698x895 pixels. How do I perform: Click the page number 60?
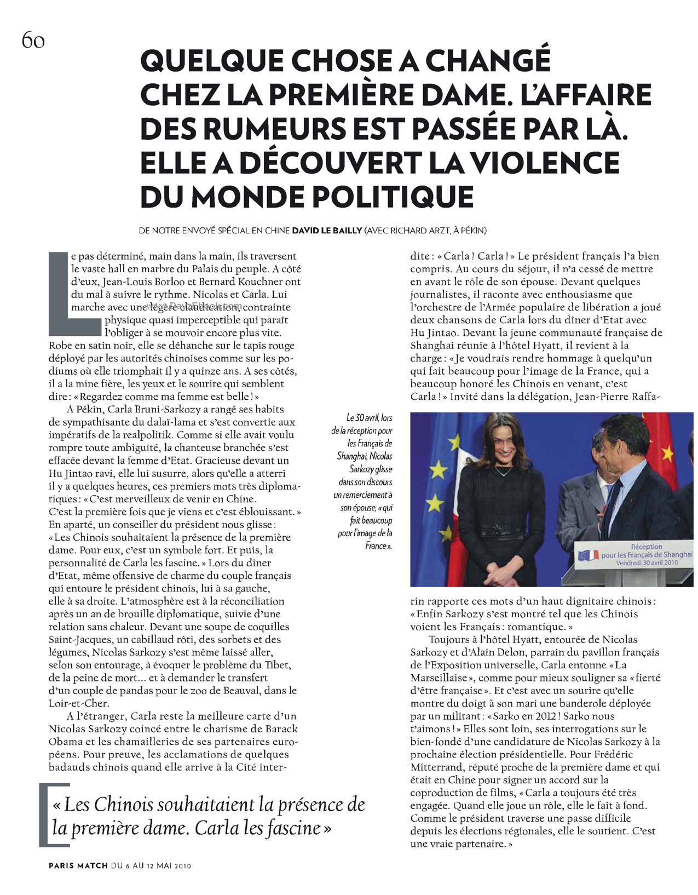pyautogui.click(x=33, y=41)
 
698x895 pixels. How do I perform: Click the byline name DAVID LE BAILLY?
pyautogui.click(x=327, y=231)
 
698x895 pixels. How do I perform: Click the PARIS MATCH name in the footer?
pyautogui.click(x=77, y=866)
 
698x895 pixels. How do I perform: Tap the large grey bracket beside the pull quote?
pyautogui.click(x=45, y=815)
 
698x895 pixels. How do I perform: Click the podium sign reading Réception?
pyautogui.click(x=647, y=546)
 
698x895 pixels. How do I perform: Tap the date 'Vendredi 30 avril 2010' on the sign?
pyautogui.click(x=647, y=563)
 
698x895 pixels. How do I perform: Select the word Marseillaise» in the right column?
pyautogui.click(x=439, y=678)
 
